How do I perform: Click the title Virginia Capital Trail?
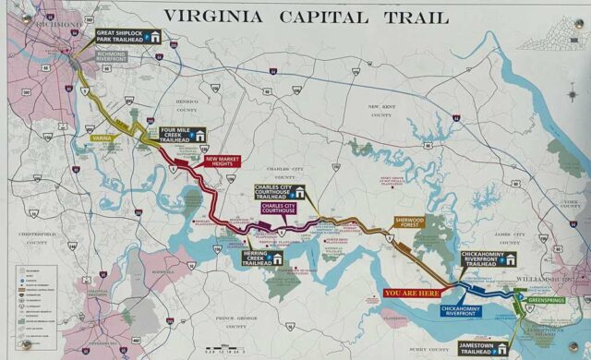coord(306,17)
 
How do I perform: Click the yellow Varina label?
coord(102,138)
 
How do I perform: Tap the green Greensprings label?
coord(543,300)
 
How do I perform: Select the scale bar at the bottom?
coord(225,349)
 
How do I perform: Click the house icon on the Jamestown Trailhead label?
coord(502,348)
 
